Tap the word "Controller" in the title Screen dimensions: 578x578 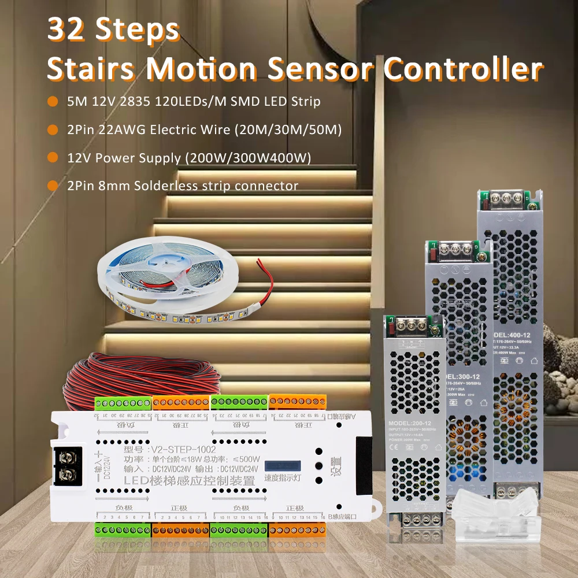click(x=462, y=69)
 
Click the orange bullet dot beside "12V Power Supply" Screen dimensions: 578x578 click(x=53, y=157)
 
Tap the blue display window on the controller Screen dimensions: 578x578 click(x=282, y=466)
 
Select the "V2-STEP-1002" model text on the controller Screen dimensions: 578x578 click(x=183, y=449)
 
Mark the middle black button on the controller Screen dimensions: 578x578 click(x=318, y=465)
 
